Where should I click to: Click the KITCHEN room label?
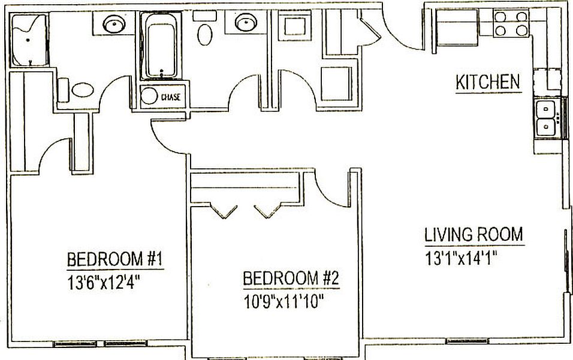(488, 82)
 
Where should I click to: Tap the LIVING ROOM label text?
(474, 234)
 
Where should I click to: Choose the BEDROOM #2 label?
(291, 279)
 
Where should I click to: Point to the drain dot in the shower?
(28, 40)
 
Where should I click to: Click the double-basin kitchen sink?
(546, 118)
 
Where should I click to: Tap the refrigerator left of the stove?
(457, 28)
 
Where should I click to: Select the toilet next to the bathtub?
(206, 34)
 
